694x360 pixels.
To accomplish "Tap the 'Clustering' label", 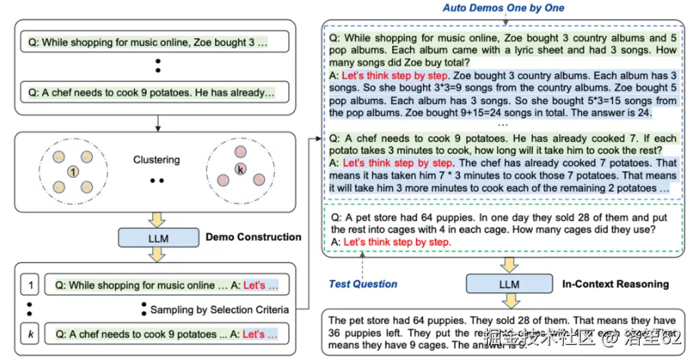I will pyautogui.click(x=157, y=160).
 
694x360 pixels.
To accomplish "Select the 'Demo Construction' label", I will pyautogui.click(x=253, y=236).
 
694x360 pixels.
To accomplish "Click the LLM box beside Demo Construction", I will pyautogui.click(x=157, y=237).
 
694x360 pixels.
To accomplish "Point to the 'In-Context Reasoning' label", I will pyautogui.click(x=616, y=283).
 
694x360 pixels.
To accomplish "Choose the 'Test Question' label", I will pyautogui.click(x=363, y=284).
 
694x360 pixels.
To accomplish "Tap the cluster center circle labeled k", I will pyautogui.click(x=240, y=169).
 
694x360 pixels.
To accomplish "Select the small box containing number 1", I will pyautogui.click(x=29, y=285).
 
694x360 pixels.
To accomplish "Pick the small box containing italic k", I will pyautogui.click(x=29, y=334).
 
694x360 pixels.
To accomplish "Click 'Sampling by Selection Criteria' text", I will pyautogui.click(x=219, y=310).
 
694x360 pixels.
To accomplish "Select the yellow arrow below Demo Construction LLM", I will pyautogui.click(x=157, y=256).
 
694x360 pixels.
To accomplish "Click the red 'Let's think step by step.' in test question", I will pyautogui.click(x=396, y=242).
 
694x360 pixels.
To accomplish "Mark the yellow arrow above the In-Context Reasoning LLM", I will pyautogui.click(x=510, y=264).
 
